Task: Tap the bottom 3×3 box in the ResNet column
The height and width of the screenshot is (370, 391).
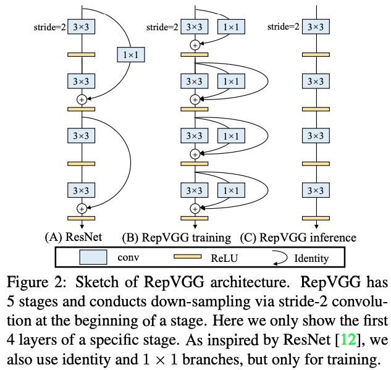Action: pos(80,190)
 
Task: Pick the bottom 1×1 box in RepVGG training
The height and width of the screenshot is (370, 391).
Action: pos(230,190)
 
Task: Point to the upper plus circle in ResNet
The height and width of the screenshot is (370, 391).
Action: pos(80,99)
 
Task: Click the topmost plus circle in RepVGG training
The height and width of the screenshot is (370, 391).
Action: pos(195,44)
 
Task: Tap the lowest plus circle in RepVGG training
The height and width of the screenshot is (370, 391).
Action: pos(195,208)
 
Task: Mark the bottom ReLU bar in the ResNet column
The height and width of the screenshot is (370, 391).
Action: pos(80,218)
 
